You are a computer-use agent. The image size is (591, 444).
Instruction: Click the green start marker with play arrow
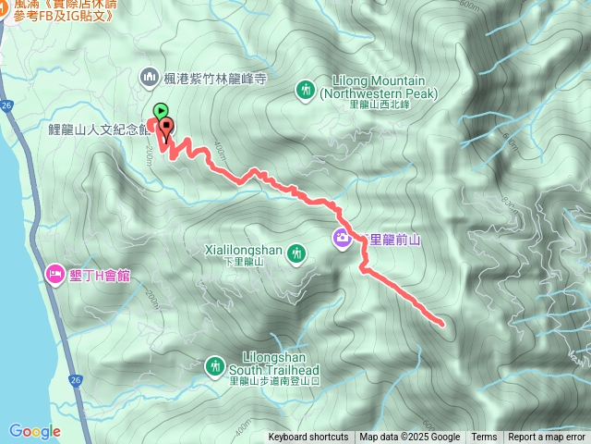160,109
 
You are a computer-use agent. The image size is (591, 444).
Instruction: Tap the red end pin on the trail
167,127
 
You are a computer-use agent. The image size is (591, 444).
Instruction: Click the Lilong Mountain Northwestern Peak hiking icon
306,89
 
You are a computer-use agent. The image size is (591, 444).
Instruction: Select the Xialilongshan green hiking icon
296,252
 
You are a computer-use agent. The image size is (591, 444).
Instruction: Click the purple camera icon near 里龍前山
343,239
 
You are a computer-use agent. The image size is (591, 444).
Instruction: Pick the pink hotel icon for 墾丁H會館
54,275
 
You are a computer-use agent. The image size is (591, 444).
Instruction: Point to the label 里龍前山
394,240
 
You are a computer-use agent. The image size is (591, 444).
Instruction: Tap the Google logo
34,431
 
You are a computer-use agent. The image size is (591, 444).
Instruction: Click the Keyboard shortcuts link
308,438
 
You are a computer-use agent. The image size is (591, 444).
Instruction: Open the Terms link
484,438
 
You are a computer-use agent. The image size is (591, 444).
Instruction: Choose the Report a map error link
548,438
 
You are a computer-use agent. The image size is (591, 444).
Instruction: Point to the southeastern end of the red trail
442,324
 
